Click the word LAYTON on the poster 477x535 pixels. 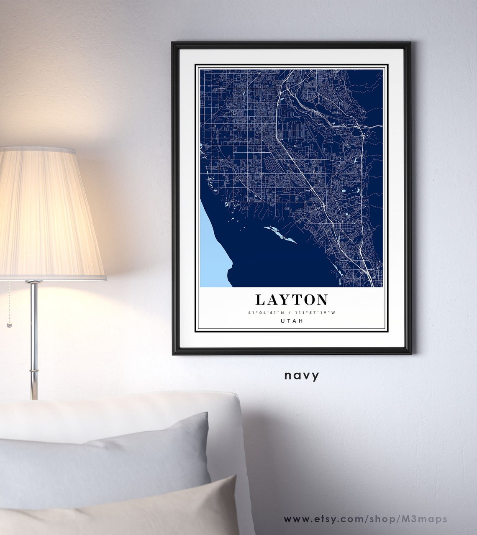[x=292, y=299]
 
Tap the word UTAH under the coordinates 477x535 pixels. [x=292, y=321]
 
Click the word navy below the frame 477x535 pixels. [x=302, y=375]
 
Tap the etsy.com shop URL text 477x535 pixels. [x=365, y=519]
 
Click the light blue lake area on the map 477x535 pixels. [x=213, y=251]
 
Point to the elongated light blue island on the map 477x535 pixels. [x=280, y=234]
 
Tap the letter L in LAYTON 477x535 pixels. [x=260, y=299]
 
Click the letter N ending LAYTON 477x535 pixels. [x=322, y=299]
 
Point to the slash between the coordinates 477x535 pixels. [x=289, y=313]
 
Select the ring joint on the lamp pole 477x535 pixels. [x=34, y=371]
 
